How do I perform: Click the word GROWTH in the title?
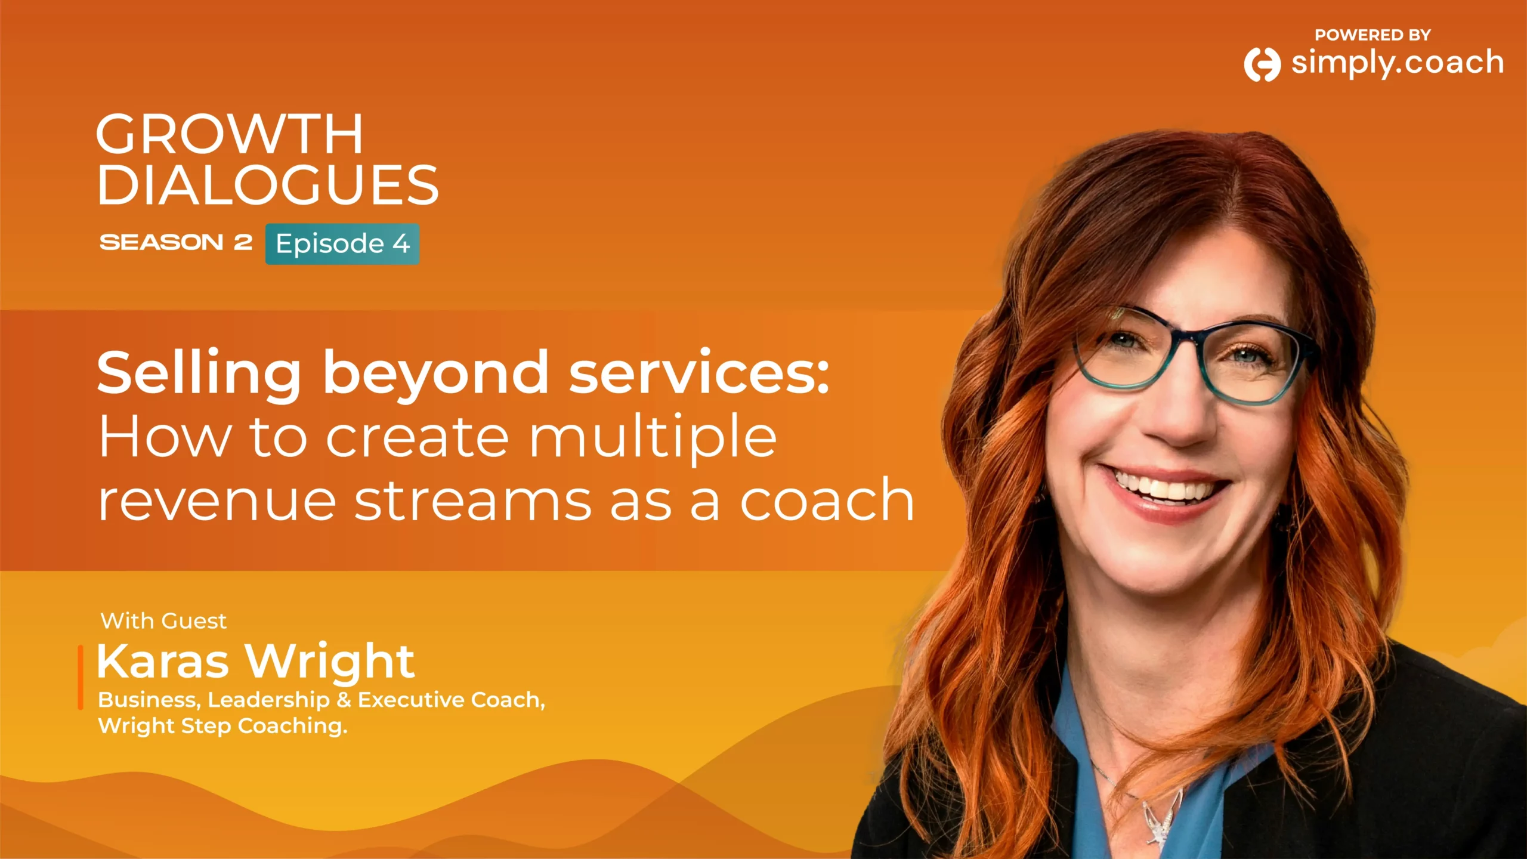230,134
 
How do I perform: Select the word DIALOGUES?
268,185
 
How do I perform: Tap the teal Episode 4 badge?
342,244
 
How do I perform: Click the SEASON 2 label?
176,242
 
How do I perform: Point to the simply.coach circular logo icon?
1262,64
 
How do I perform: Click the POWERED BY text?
1373,35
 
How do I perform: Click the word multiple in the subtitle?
653,438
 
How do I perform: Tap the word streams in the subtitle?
473,502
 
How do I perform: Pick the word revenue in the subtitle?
217,503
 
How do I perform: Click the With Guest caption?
163,621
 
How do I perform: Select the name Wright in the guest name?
330,662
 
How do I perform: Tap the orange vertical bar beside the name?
81,677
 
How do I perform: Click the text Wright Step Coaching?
222,727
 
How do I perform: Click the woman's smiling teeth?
1163,487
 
